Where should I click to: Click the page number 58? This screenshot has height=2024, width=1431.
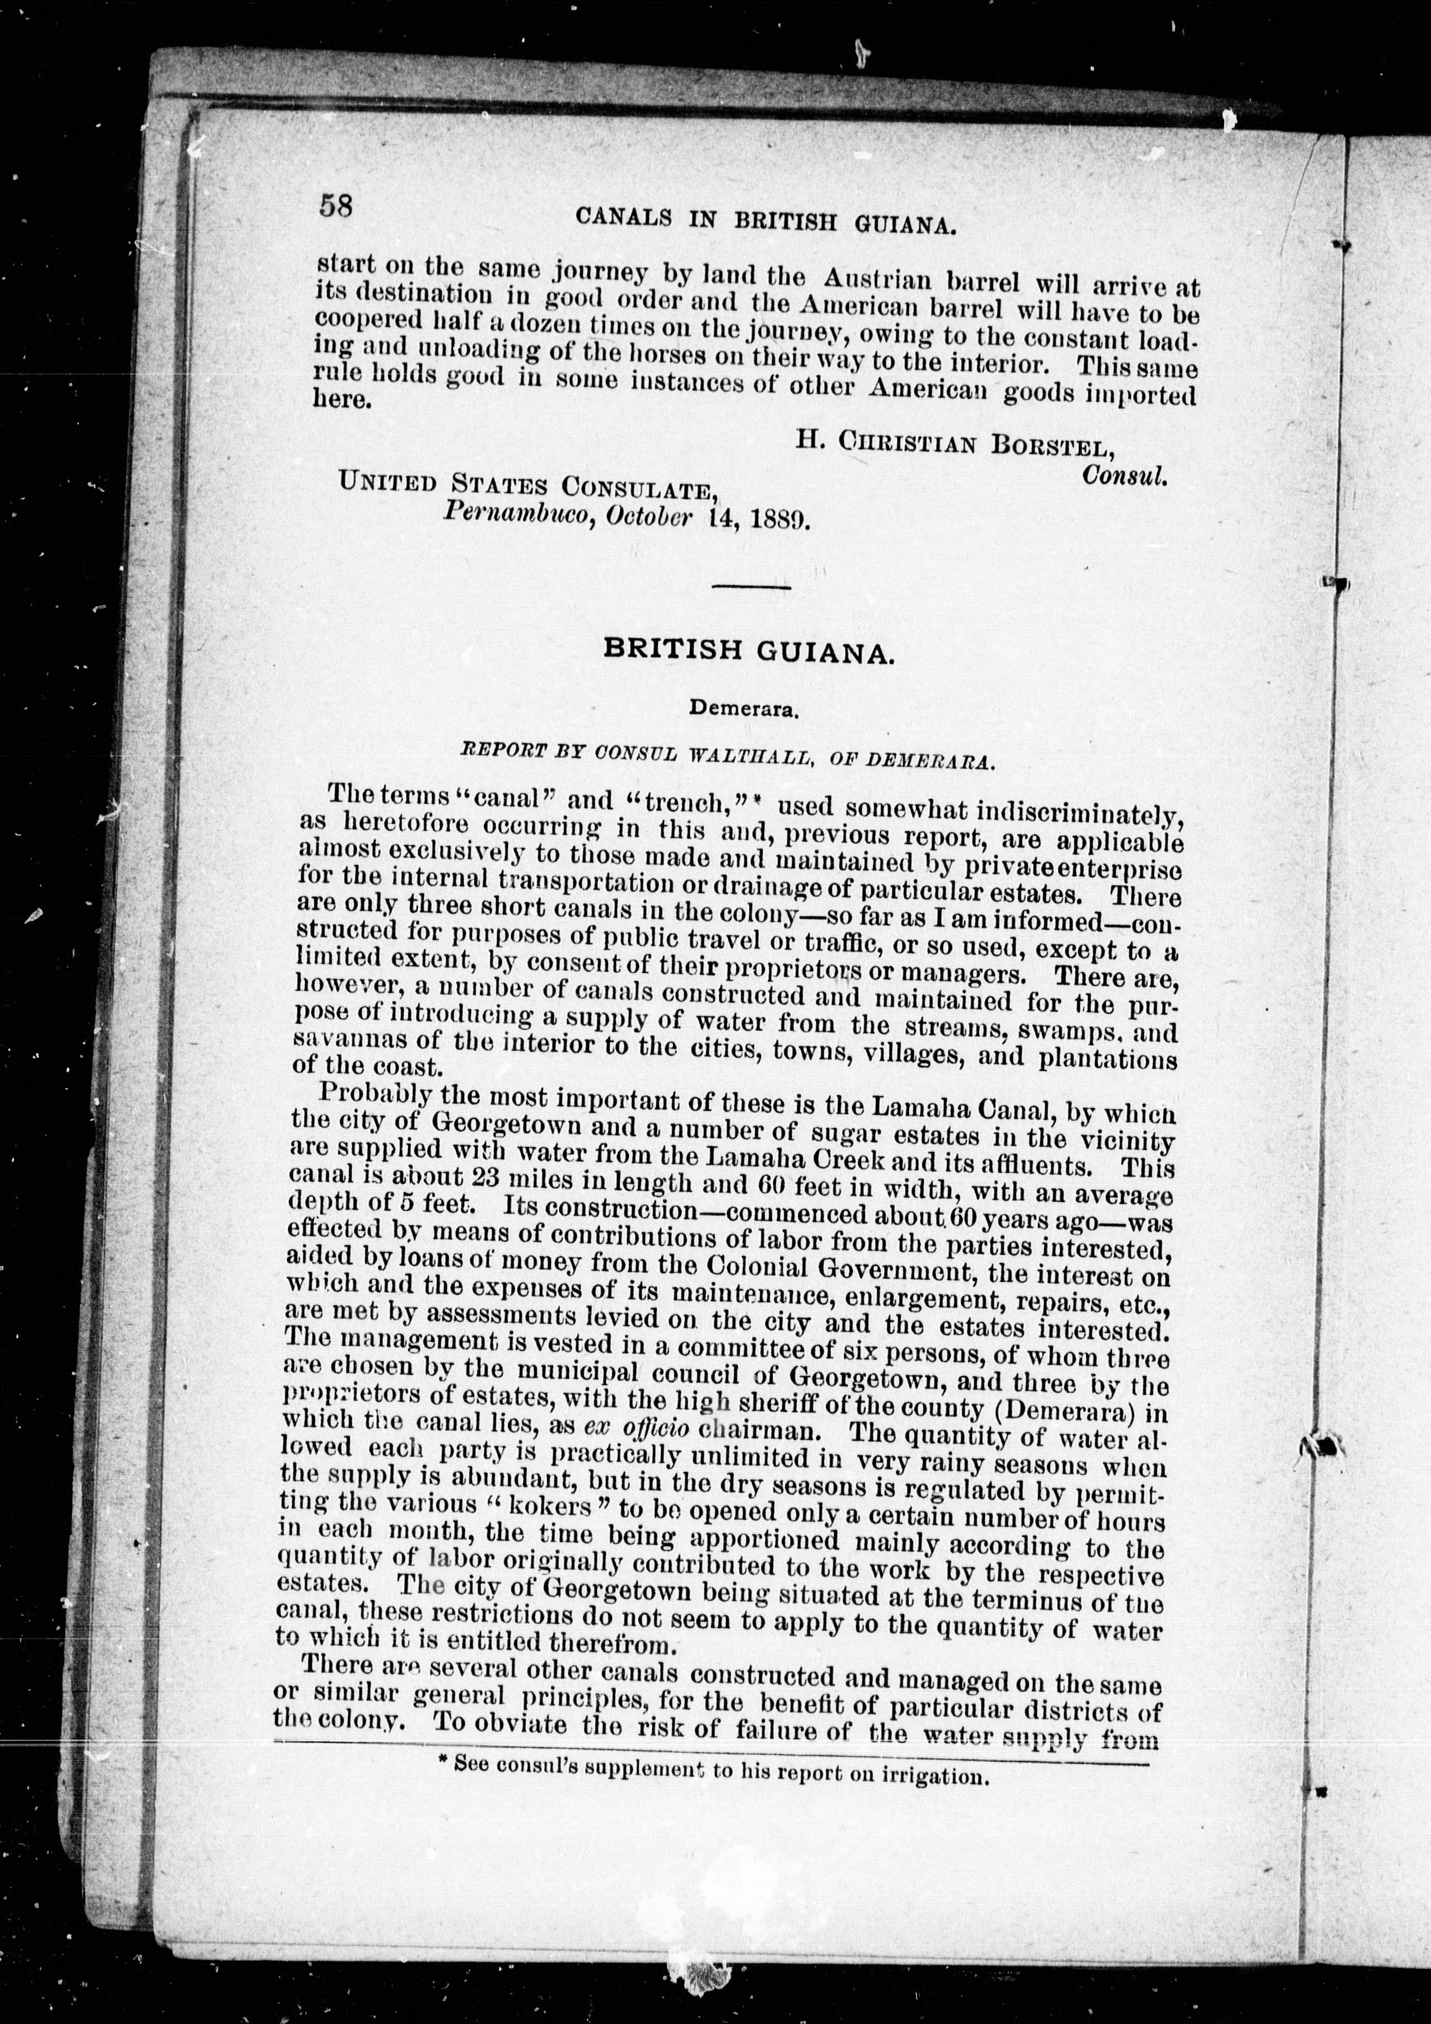336,207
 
